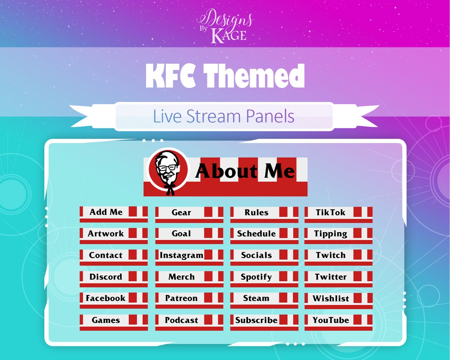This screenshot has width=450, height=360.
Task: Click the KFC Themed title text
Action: tap(225, 76)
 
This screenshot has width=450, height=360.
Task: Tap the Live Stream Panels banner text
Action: tap(224, 116)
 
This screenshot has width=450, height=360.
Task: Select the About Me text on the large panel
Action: tap(245, 171)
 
